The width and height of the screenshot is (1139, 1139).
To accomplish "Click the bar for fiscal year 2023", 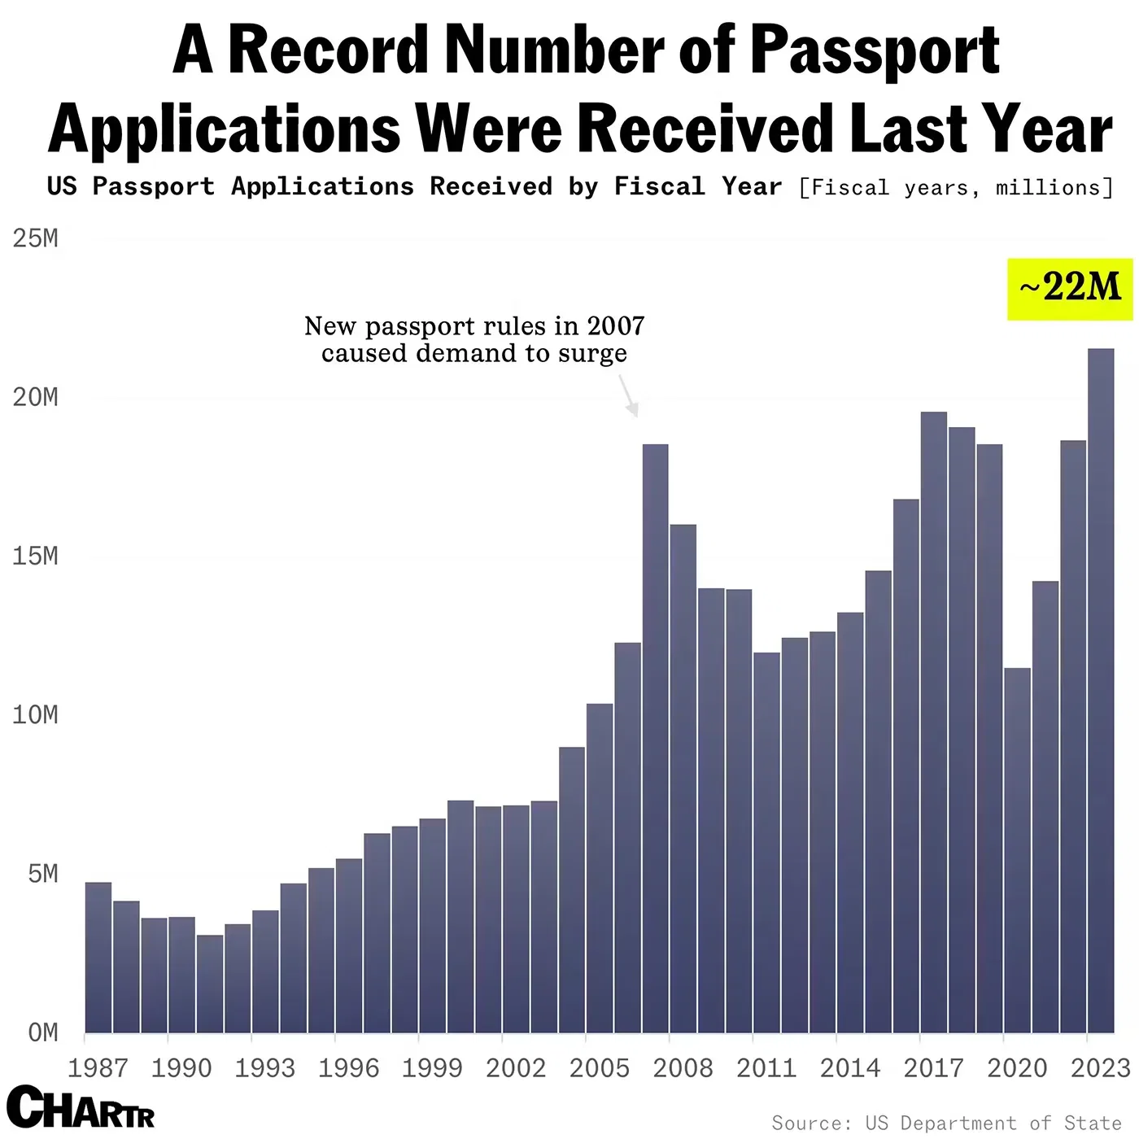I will [x=1101, y=692].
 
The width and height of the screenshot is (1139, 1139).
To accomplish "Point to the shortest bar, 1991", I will [x=210, y=984].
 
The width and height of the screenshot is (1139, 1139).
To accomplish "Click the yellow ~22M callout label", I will [x=1070, y=288].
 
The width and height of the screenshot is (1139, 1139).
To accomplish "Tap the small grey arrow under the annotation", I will [x=629, y=397].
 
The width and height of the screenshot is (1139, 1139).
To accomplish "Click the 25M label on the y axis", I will [x=35, y=238].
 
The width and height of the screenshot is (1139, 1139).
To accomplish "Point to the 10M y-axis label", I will [x=35, y=715].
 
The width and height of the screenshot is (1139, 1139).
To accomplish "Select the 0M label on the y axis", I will [x=42, y=1032].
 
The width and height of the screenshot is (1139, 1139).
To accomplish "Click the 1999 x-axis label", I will [x=432, y=1067].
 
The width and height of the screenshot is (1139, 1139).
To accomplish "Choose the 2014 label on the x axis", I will [x=850, y=1067].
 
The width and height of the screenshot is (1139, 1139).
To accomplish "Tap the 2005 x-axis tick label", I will [x=600, y=1067].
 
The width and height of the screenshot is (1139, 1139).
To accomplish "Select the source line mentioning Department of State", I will [x=946, y=1124].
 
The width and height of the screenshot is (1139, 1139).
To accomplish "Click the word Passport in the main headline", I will [x=874, y=50].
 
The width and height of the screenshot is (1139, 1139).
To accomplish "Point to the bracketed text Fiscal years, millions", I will [x=956, y=188].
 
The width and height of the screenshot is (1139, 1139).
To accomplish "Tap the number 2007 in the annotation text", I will [x=616, y=326].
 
